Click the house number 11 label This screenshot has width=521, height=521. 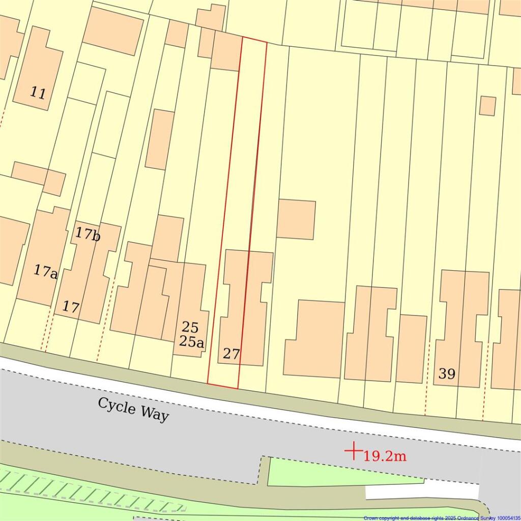pos(38,93)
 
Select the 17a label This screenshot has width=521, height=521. pos(46,271)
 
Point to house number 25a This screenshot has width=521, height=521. pos(191,342)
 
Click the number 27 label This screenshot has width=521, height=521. pos(231,354)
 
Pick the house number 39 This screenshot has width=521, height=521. pos(447,374)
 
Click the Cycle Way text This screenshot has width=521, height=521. pos(133,409)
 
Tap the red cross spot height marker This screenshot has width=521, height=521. pos(353,451)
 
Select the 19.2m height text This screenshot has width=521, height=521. pos(385,456)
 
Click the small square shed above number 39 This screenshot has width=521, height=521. pos(487,106)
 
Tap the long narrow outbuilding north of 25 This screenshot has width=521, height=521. pos(160,139)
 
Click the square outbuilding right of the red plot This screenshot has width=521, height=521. pos(296,219)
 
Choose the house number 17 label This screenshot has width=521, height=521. pos(71,307)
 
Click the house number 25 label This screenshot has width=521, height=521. pos(190,327)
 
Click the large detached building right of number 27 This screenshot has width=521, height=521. pos(314,338)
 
